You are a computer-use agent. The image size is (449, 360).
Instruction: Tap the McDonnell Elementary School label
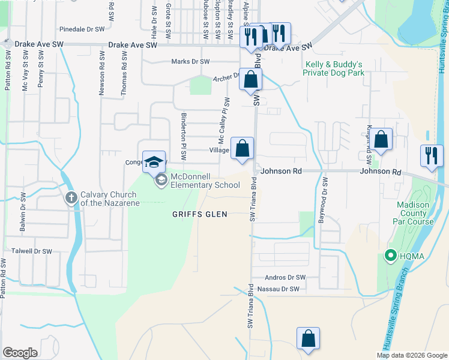pos(205,181)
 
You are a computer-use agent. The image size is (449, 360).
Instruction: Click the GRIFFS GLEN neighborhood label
pos(200,214)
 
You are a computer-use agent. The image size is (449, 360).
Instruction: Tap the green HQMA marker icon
pos(390,257)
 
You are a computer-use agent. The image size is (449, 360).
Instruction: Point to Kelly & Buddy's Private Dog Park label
pos(334,68)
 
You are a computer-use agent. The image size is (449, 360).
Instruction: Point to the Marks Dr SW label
pos(190,62)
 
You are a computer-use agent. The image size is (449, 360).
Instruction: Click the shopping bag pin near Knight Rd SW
pos(381,140)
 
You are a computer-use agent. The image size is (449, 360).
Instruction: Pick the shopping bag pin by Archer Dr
pos(251,78)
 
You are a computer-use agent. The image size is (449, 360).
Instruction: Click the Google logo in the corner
pos(20,353)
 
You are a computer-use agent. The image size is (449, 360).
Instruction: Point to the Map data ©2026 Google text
pos(412,355)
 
